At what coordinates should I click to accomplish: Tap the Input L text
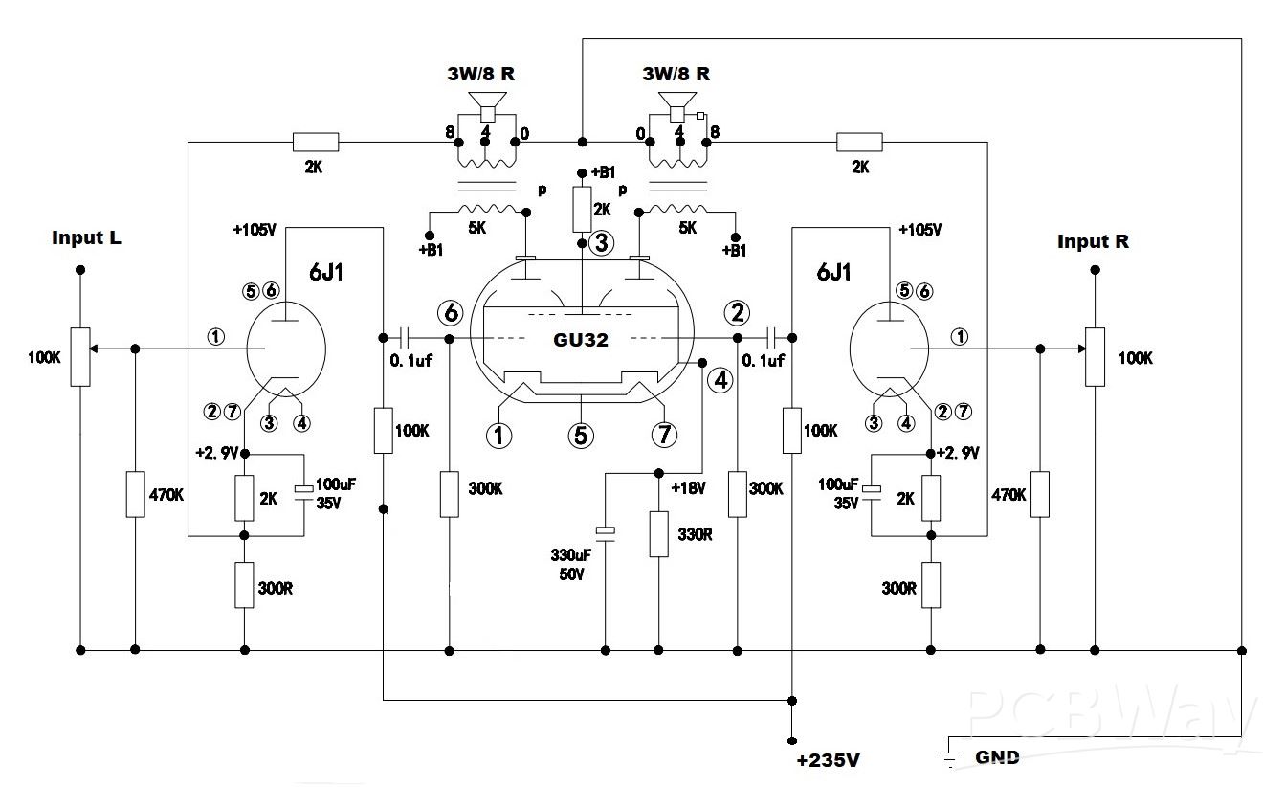(87, 237)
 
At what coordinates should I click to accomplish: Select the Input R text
(1093, 241)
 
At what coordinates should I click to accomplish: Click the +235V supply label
(829, 761)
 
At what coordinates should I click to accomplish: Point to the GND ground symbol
(949, 757)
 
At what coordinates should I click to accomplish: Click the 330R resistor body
(658, 534)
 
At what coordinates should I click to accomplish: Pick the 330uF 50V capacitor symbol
(605, 530)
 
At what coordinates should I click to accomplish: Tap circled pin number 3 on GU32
(601, 243)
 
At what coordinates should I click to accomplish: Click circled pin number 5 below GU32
(580, 435)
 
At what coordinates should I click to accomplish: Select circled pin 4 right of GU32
(720, 380)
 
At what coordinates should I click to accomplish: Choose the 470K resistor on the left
(135, 494)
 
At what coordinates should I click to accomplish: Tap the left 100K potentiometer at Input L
(80, 356)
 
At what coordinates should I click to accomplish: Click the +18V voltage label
(689, 488)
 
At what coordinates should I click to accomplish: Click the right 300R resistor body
(931, 584)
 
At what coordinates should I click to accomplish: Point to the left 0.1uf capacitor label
(413, 361)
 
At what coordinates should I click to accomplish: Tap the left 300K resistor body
(450, 493)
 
